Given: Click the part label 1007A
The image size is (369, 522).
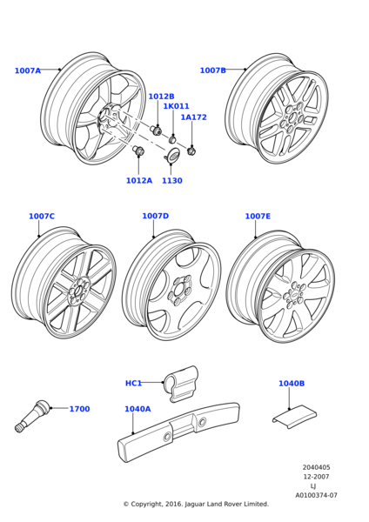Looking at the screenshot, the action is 28,70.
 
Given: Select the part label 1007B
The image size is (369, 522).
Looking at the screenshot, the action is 213,70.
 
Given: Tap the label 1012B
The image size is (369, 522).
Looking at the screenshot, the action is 161,97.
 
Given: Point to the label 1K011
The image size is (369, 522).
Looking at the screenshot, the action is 176,106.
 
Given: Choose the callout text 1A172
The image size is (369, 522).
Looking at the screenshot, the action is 194,117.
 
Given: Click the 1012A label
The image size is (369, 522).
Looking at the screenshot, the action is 139,180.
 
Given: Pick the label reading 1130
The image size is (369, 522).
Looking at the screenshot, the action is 172,181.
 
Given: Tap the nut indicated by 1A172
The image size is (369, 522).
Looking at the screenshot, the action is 191,151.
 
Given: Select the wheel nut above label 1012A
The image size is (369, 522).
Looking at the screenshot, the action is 139,151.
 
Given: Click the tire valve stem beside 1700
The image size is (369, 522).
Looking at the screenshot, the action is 32,416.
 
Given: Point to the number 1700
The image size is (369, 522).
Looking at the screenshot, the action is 79,409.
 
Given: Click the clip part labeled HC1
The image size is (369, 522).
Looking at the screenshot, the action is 181,384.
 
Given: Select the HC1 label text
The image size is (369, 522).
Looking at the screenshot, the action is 133,383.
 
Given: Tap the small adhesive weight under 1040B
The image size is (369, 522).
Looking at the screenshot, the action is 294,417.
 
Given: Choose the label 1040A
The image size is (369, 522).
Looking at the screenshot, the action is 138,409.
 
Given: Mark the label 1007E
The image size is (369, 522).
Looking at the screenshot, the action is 258,217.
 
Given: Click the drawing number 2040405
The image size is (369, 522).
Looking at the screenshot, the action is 317,467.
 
